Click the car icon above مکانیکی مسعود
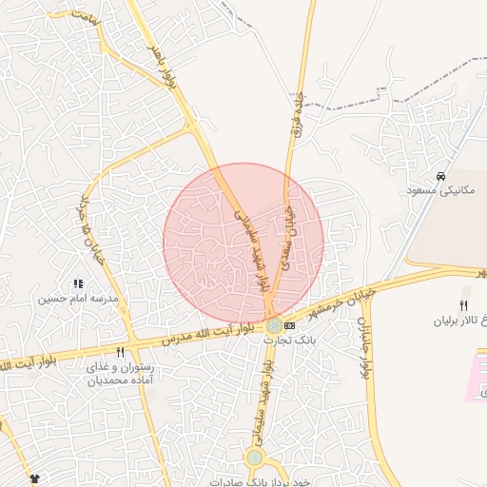[x=440, y=177]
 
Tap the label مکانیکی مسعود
[x=434, y=191]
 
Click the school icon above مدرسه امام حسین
[x=78, y=283]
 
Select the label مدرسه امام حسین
[x=77, y=299]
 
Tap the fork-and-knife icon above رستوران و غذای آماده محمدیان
[x=120, y=352]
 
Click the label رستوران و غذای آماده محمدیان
[x=120, y=374]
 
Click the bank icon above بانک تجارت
[x=289, y=325]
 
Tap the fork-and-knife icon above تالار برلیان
[x=463, y=304]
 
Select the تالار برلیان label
[x=466, y=320]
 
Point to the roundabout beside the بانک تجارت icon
[x=274, y=325]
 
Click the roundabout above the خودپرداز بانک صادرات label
[x=254, y=458]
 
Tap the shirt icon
[x=35, y=477]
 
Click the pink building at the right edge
[x=476, y=376]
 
